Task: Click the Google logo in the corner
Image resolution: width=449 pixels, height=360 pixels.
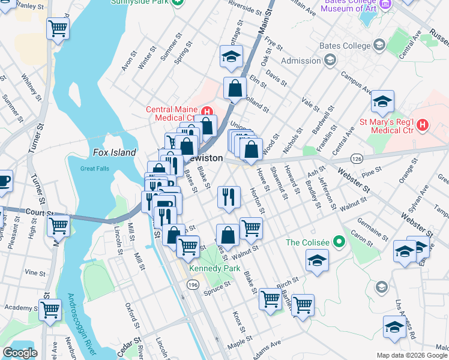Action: click(x=20, y=353)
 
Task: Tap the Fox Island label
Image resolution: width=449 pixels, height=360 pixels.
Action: click(x=115, y=152)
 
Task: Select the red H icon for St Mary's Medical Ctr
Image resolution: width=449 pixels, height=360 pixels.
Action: click(x=423, y=124)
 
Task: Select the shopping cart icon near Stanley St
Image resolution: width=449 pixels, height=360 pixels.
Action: click(x=58, y=28)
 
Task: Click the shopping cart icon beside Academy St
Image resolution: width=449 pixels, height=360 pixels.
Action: click(x=50, y=310)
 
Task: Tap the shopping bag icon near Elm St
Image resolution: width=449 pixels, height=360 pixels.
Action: click(x=235, y=88)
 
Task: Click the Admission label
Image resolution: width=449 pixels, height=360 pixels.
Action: click(x=301, y=61)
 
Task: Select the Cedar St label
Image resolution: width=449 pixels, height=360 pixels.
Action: click(x=125, y=350)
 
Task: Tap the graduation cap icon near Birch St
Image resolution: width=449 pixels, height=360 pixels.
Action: click(x=317, y=261)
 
